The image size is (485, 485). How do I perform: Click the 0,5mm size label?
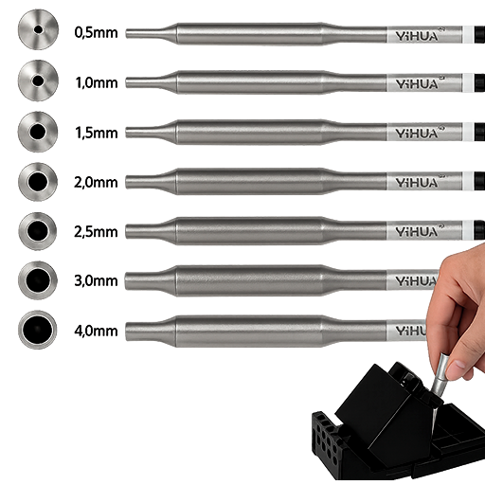pyautogui.click(x=96, y=33)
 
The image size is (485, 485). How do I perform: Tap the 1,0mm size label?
pyautogui.click(x=97, y=82)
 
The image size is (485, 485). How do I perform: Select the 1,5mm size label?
pyautogui.click(x=97, y=133)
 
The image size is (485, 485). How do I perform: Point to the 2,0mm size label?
pyautogui.click(x=96, y=182)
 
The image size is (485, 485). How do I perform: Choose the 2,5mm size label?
pyautogui.click(x=96, y=232)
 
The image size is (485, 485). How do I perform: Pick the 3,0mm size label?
pyautogui.click(x=96, y=280)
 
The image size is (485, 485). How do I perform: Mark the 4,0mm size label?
pyautogui.click(x=96, y=331)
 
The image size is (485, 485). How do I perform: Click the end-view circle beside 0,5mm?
pyautogui.click(x=38, y=29)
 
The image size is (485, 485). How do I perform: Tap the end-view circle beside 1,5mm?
pyautogui.click(x=38, y=132)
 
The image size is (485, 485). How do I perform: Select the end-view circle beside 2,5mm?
pyautogui.click(x=38, y=231)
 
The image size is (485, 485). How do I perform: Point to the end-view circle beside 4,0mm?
pyautogui.click(x=38, y=330)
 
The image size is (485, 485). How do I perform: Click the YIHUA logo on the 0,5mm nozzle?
pyautogui.click(x=418, y=36)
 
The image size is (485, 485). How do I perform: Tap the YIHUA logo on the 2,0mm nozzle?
pyautogui.click(x=418, y=182)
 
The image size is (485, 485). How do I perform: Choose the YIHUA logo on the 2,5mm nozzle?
pyautogui.click(x=418, y=231)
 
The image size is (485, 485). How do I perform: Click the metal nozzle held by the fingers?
pyautogui.click(x=440, y=374)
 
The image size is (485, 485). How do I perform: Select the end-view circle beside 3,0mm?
pyautogui.click(x=38, y=280)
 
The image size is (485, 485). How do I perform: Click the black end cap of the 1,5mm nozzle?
pyautogui.click(x=479, y=132)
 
